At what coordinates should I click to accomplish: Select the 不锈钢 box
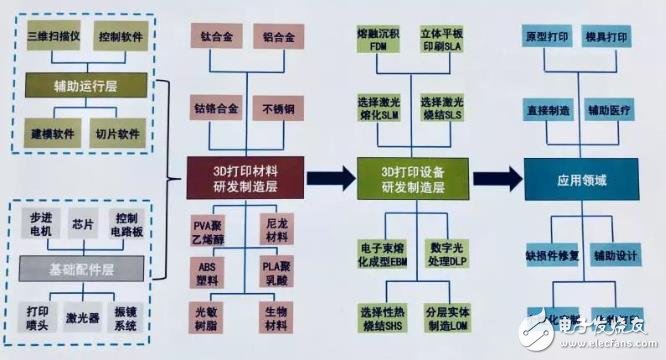278,107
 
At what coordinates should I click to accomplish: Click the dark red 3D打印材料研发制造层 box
245,177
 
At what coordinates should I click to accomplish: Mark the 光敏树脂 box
215,319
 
